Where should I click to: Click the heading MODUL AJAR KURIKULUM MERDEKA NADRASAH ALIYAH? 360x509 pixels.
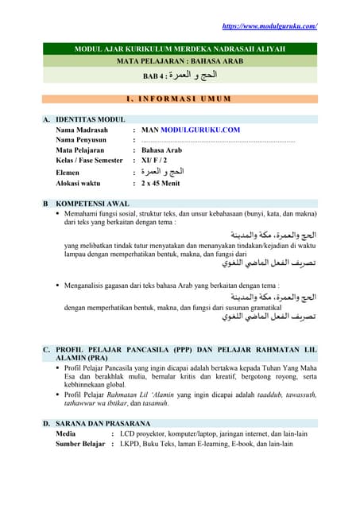[x=180, y=49]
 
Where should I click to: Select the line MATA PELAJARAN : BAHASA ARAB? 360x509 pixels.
[x=180, y=61]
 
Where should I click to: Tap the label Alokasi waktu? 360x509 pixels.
[x=83, y=183]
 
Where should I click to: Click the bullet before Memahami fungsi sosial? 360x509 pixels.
[x=58, y=214]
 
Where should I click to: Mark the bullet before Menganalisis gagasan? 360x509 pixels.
[x=58, y=285]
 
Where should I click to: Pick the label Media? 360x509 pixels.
[x=67, y=434]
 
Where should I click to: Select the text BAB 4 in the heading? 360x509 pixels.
[x=157, y=76]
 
